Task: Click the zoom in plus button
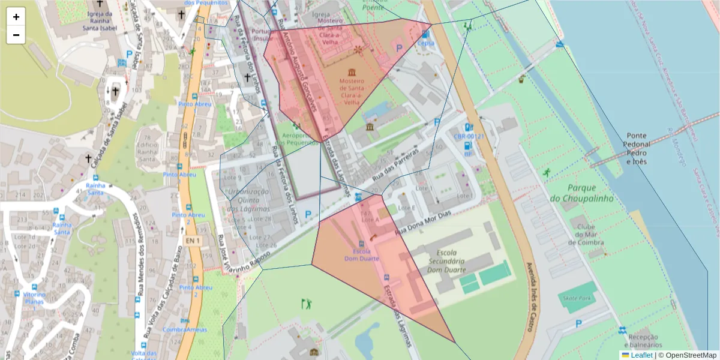point(16,17)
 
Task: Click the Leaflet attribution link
point(641,355)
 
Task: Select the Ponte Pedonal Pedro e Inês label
point(637,149)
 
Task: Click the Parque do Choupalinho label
point(581,193)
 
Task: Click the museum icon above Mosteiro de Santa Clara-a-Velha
point(350,73)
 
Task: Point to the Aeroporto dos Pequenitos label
point(295,139)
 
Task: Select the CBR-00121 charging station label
point(469,136)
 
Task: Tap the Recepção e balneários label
point(641,341)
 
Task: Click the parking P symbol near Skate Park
point(578,323)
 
